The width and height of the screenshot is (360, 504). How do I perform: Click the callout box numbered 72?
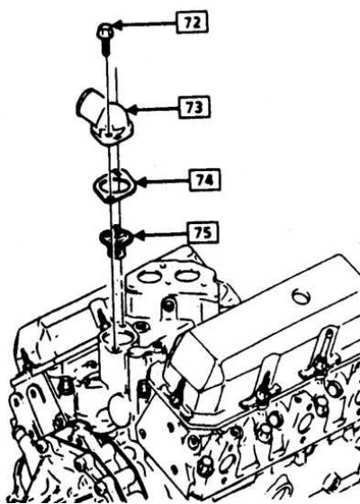[x=193, y=22]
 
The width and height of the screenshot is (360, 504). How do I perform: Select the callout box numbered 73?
[x=194, y=107]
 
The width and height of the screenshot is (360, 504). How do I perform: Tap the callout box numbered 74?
[x=205, y=180]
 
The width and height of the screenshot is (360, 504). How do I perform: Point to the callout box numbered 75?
[x=203, y=232]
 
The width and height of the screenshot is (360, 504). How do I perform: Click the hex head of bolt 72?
[x=105, y=31]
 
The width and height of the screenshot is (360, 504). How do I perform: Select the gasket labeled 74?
[x=114, y=186]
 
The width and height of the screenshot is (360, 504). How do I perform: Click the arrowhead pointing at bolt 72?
[x=118, y=25]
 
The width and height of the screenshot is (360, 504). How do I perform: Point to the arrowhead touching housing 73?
[x=133, y=110]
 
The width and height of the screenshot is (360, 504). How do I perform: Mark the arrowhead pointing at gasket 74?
[x=141, y=182]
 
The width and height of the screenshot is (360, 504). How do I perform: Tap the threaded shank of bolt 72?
[x=106, y=47]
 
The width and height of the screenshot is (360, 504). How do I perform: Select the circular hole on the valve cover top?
[x=301, y=296]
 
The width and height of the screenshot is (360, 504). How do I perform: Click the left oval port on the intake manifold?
[x=149, y=277]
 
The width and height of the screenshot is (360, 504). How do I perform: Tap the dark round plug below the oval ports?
[x=168, y=305]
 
